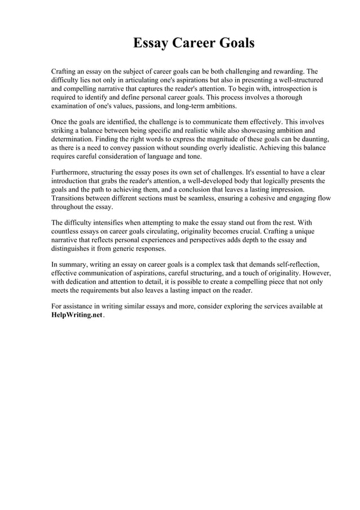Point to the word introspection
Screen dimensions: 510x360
tap(288, 89)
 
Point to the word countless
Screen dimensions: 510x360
tap(66, 232)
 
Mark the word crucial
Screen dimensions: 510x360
tap(267, 232)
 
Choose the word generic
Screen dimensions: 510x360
tap(127, 249)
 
